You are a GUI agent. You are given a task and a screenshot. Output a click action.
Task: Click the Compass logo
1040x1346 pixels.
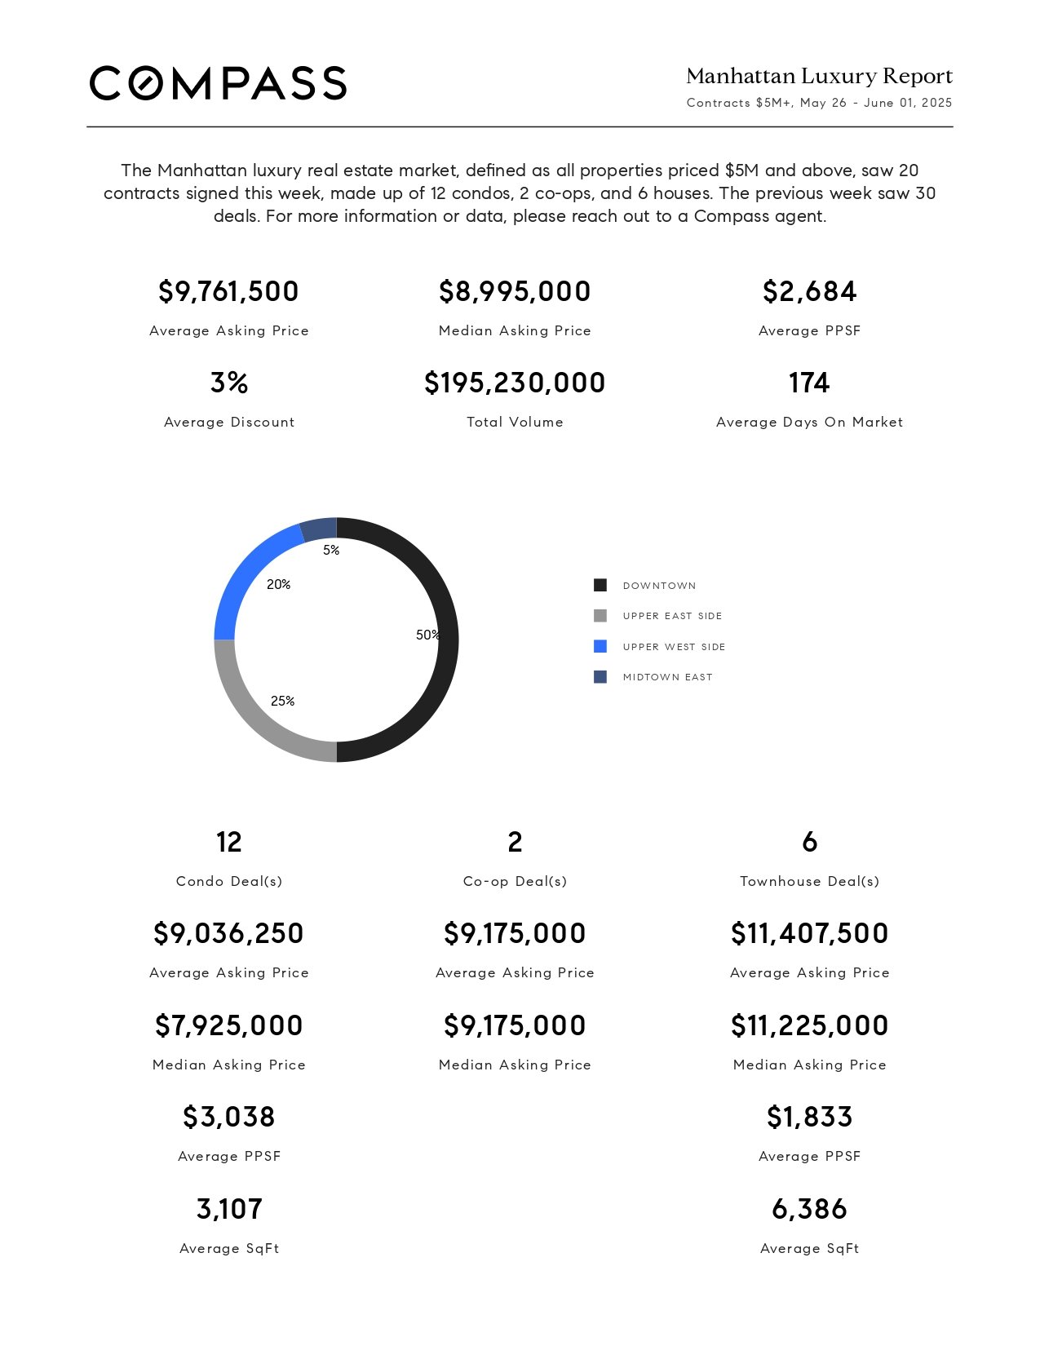point(218,83)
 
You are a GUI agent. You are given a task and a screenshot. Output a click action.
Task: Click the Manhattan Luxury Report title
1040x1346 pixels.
point(819,76)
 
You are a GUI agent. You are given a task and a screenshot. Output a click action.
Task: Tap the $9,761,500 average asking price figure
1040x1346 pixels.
point(228,291)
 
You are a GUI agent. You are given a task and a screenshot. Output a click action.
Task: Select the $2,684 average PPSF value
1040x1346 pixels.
point(810,291)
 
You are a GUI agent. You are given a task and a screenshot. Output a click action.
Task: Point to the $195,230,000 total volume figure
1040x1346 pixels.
point(515,383)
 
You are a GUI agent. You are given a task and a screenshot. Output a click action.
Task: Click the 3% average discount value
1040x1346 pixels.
point(229,383)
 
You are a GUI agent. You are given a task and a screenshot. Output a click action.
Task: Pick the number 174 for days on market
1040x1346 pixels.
point(809,383)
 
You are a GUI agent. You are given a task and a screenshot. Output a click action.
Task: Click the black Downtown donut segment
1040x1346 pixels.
point(448,640)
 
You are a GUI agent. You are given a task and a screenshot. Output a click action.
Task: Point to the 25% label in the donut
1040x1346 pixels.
point(282,701)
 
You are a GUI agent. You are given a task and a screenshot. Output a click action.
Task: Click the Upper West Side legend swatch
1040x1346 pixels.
point(600,646)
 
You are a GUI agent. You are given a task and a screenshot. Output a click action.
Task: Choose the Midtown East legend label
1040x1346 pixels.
point(668,677)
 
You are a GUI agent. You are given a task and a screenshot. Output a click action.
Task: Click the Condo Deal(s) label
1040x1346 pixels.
point(229,881)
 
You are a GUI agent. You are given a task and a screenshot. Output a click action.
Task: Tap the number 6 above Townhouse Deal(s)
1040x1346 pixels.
point(810,842)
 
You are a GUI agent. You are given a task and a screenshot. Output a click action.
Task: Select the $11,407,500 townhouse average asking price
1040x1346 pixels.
point(810,933)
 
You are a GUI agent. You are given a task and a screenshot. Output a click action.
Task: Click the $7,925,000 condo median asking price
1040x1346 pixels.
point(229,1025)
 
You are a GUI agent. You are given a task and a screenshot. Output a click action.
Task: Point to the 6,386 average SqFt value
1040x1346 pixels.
point(810,1209)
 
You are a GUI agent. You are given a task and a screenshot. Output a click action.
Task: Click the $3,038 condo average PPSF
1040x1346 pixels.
point(229,1117)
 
